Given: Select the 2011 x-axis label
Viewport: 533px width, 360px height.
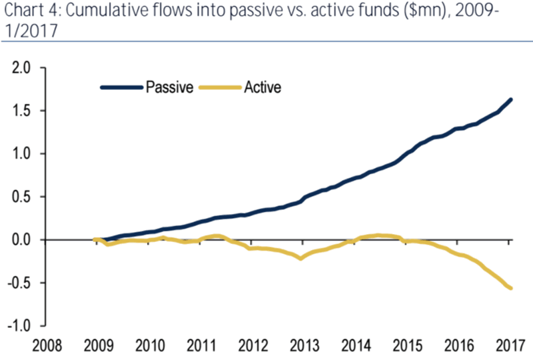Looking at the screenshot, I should coord(201,346).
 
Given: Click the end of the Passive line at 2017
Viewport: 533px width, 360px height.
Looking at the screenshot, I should coord(510,100).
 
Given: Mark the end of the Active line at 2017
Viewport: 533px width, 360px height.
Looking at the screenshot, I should coord(510,288).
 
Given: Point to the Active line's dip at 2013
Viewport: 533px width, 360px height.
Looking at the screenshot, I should coord(302,258).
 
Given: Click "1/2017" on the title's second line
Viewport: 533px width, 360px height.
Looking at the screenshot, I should coord(26,31).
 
